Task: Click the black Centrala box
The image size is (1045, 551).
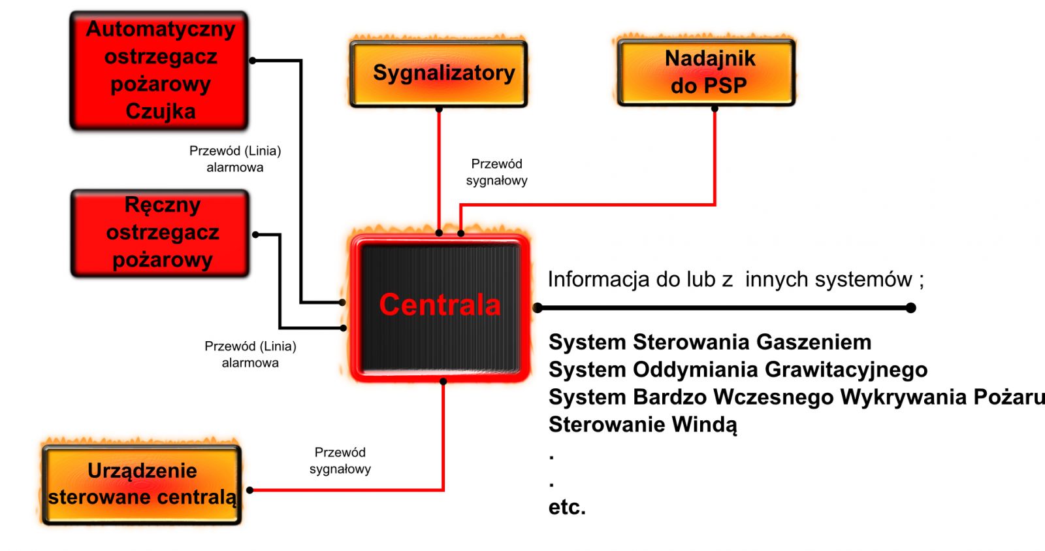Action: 440,309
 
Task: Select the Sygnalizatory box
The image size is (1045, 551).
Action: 438,74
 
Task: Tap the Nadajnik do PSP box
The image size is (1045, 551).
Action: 706,73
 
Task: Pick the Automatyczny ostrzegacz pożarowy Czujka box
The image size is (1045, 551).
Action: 159,71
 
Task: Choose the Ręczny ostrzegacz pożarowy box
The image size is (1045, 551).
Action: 160,233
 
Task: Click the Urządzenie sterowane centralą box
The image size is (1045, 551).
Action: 142,485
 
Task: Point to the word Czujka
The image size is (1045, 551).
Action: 161,112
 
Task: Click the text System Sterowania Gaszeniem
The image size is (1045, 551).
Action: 709,342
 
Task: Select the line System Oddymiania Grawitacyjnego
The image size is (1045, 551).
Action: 738,370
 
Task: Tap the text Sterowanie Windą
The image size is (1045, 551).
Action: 643,425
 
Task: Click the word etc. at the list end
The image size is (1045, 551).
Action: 567,508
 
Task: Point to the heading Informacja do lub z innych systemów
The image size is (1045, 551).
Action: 735,279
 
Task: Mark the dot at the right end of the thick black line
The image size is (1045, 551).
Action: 910,308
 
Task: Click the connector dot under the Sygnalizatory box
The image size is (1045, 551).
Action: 438,109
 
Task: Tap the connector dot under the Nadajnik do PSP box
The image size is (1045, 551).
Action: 715,109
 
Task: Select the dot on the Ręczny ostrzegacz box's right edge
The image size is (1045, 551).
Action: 255,235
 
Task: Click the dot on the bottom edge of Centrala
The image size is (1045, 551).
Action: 443,382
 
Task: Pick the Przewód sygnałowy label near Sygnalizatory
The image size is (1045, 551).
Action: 496,173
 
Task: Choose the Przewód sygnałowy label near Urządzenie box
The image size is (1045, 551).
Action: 340,461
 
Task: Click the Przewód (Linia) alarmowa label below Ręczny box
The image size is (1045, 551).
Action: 250,354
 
